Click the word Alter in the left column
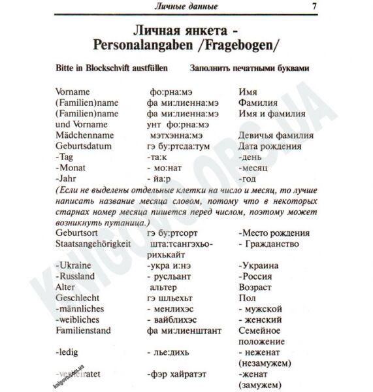pyautogui.click(x=66, y=286)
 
